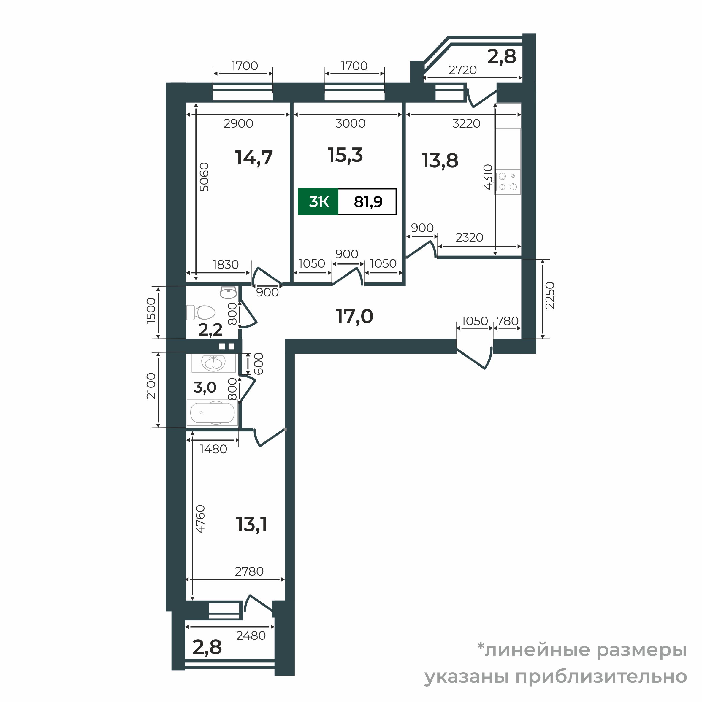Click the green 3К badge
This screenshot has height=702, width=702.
click(318, 202)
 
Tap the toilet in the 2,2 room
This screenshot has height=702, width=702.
click(201, 312)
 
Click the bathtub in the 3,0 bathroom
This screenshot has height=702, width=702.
click(212, 413)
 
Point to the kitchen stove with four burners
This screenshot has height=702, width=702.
click(508, 182)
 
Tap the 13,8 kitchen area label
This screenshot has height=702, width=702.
click(440, 161)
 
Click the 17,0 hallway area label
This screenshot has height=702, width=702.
click(354, 317)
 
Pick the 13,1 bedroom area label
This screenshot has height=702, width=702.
click(252, 525)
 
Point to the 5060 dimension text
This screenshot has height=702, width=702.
click(204, 177)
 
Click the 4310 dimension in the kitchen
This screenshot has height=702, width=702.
click(488, 177)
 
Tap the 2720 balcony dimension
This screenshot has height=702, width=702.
click(462, 70)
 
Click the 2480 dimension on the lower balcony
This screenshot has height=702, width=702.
click(251, 636)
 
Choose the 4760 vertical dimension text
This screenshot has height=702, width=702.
click(200, 519)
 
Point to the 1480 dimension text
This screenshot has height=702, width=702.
click(213, 450)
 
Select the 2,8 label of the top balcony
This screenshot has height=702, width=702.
click(502, 57)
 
